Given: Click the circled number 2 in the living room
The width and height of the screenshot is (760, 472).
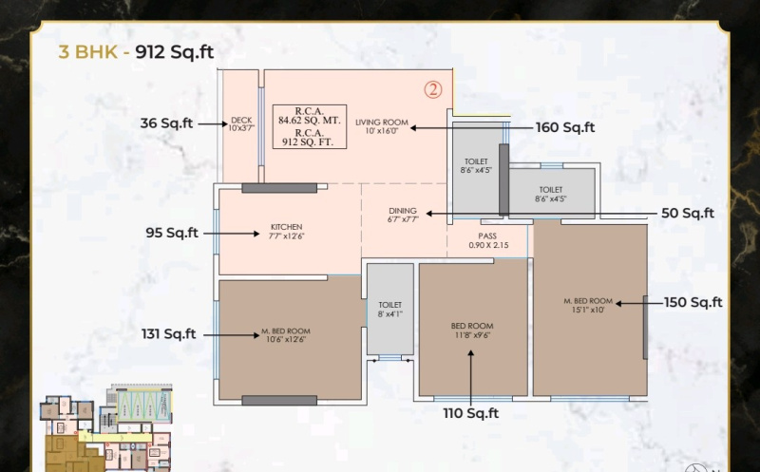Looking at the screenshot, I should point(433,90).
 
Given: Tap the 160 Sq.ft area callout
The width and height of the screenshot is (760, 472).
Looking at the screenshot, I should point(564,127).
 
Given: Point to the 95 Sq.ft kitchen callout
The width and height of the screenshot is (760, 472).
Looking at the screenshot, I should point(171,233).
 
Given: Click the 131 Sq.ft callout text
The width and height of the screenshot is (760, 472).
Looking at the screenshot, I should point(168,333).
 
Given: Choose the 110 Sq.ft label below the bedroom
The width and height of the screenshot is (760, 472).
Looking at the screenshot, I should point(470,413).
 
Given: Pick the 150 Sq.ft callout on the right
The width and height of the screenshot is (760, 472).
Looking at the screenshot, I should point(693,303).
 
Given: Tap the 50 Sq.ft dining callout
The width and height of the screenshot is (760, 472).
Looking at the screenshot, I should point(687,214).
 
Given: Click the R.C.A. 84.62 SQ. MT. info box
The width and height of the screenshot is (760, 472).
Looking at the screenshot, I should point(309,126).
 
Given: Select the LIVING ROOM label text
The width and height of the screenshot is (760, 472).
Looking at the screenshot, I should point(382,127).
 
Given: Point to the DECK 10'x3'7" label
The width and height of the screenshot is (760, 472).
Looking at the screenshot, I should point(239,124).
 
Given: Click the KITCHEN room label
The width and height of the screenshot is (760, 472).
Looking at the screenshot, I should point(286,232).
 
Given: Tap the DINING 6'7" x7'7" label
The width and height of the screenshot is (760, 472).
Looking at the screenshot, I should point(403,215).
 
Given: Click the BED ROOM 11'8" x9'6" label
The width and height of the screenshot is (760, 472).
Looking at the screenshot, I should point(472,330).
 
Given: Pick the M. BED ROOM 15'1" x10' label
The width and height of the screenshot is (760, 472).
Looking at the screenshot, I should point(588,305).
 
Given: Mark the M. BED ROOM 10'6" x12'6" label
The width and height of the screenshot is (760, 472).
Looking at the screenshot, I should point(286,335).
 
